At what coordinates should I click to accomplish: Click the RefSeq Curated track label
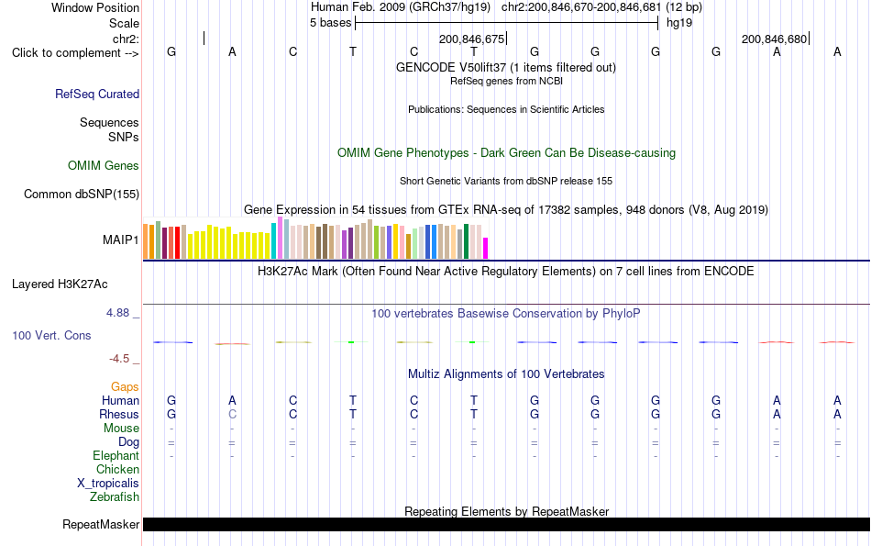pyautogui.click(x=97, y=94)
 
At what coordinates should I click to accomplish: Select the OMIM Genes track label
pyautogui.click(x=104, y=166)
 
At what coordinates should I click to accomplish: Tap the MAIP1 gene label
pyautogui.click(x=120, y=240)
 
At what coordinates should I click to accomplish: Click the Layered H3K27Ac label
pyautogui.click(x=60, y=284)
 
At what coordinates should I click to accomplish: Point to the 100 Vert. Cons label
pyautogui.click(x=51, y=335)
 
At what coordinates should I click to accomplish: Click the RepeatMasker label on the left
pyautogui.click(x=101, y=524)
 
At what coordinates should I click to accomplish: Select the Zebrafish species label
pyautogui.click(x=115, y=497)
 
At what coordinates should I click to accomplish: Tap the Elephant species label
pyautogui.click(x=116, y=456)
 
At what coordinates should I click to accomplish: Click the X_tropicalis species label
pyautogui.click(x=108, y=484)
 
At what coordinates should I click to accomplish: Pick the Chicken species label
pyautogui.click(x=117, y=469)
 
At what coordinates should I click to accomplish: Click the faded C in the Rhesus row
pyautogui.click(x=232, y=414)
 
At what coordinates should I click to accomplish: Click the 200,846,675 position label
pyautogui.click(x=471, y=39)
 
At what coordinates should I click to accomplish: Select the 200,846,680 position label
pyautogui.click(x=775, y=39)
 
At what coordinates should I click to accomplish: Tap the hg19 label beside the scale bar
pyautogui.click(x=679, y=23)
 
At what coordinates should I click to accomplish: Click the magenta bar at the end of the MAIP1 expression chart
pyautogui.click(x=486, y=249)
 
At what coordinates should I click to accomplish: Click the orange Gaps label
pyautogui.click(x=125, y=387)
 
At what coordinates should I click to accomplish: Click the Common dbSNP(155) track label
pyautogui.click(x=82, y=194)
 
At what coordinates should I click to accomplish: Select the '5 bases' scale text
pyautogui.click(x=330, y=23)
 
